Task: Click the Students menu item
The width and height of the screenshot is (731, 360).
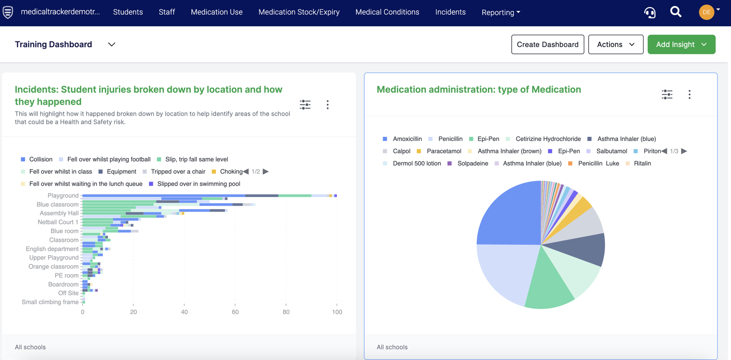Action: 127,12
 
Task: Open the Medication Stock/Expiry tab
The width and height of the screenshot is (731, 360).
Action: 299,12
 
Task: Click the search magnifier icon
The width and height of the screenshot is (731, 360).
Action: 675,12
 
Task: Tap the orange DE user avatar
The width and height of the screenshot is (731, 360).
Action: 706,12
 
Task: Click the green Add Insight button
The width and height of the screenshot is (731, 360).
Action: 681,45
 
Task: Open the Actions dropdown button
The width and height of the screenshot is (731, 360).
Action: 615,45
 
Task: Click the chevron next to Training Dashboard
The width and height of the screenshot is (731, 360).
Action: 112,45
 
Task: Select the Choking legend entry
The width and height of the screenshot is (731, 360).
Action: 231,172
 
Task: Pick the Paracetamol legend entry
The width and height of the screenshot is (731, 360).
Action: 444,151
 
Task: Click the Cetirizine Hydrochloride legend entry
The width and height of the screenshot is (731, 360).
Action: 548,139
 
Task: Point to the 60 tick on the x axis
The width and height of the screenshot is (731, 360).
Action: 235,312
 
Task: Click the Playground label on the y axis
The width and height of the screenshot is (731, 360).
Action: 63,196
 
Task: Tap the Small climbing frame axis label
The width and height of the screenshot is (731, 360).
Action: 50,302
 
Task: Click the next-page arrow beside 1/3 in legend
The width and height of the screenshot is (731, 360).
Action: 684,151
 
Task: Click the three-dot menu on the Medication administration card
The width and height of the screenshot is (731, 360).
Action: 689,94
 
